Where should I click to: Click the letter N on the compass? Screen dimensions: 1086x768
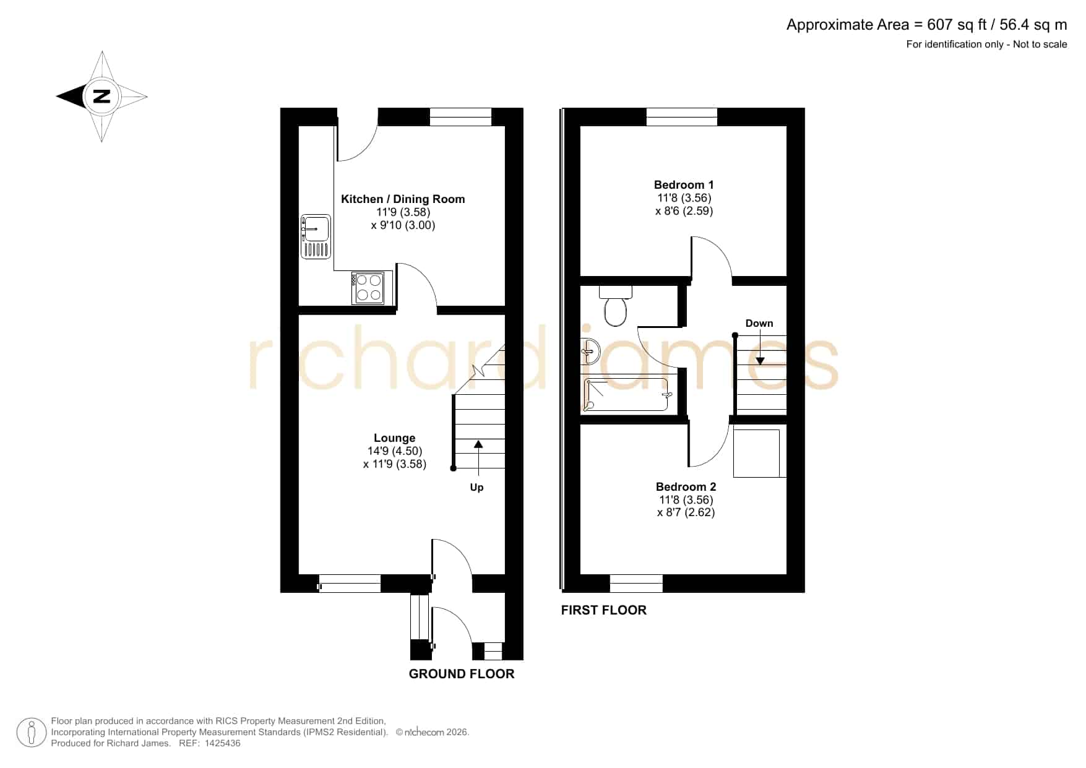click(101, 97)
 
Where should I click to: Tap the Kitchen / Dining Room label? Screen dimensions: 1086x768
click(403, 199)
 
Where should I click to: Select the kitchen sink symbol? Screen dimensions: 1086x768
click(316, 236)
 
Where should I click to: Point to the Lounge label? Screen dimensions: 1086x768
click(394, 438)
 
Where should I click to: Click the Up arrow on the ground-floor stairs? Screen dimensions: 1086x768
click(478, 457)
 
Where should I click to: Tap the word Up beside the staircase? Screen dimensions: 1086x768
click(476, 488)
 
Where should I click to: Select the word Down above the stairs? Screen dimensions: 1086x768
click(759, 323)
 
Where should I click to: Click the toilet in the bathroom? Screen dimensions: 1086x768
click(615, 305)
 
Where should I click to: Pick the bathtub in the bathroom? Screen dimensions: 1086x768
click(627, 395)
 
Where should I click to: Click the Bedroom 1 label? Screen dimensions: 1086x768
click(684, 185)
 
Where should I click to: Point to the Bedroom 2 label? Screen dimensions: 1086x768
click(686, 487)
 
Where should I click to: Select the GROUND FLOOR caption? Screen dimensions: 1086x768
click(462, 674)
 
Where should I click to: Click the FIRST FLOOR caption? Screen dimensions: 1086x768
click(604, 610)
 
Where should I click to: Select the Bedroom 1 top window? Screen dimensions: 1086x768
click(682, 117)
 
